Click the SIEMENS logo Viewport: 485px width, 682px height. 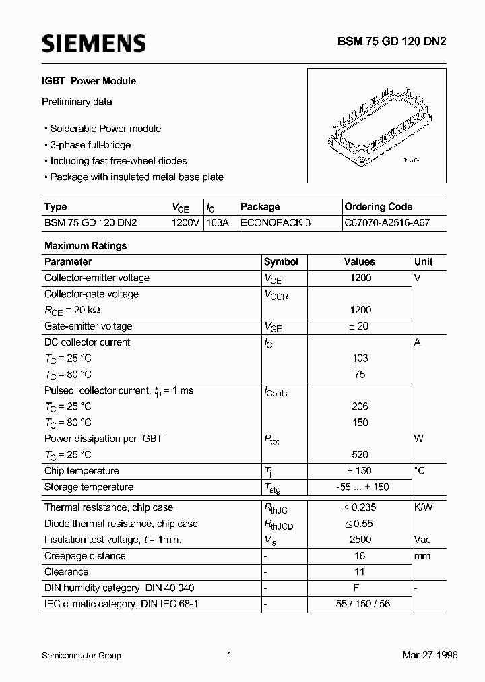pyautogui.click(x=94, y=44)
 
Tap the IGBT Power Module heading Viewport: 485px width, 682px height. pyautogui.click(x=90, y=81)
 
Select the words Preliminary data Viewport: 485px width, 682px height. pyautogui.click(x=77, y=102)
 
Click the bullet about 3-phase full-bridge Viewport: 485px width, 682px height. pyautogui.click(x=90, y=145)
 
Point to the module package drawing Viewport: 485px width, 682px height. pyautogui.click(x=376, y=126)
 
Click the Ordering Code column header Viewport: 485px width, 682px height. pyautogui.click(x=378, y=207)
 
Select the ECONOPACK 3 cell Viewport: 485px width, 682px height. pyautogui.click(x=276, y=223)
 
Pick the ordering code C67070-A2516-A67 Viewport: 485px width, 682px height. pyautogui.click(x=385, y=223)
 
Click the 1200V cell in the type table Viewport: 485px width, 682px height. pyautogui.click(x=186, y=223)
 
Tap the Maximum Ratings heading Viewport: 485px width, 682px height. pyautogui.click(x=85, y=246)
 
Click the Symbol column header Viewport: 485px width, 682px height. pyautogui.click(x=281, y=261)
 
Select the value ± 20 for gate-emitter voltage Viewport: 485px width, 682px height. pyautogui.click(x=360, y=326)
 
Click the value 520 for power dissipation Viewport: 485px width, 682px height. pyautogui.click(x=360, y=455)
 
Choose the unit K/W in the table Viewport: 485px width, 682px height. pyautogui.click(x=423, y=507)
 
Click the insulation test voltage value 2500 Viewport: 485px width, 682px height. pyautogui.click(x=360, y=540)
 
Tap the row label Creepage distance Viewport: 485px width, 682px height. pyautogui.click(x=85, y=556)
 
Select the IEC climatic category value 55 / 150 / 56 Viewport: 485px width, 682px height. pyautogui.click(x=360, y=604)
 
